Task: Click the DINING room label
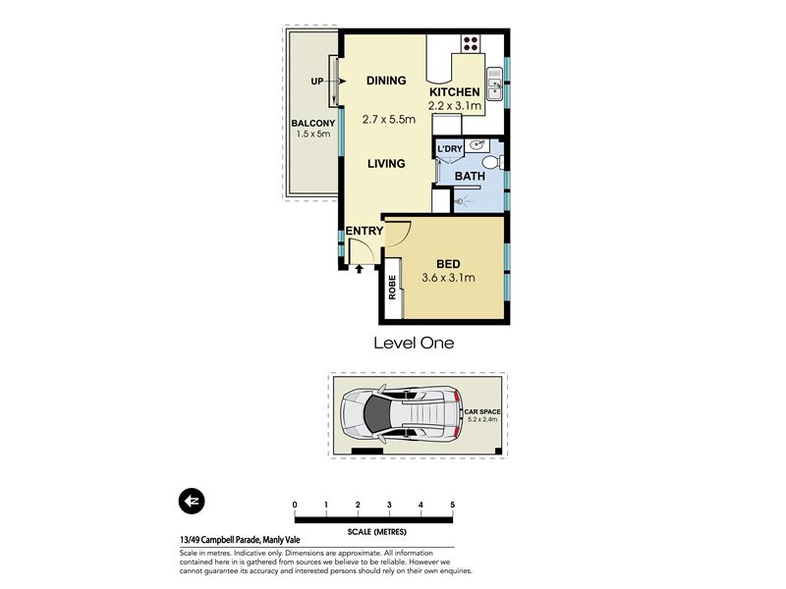pyautogui.click(x=386, y=80)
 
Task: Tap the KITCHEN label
pyautogui.click(x=455, y=92)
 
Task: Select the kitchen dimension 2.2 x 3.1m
pyautogui.click(x=455, y=106)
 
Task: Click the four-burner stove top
pyautogui.click(x=471, y=43)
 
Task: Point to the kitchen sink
pyautogui.click(x=495, y=83)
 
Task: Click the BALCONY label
pyautogui.click(x=313, y=124)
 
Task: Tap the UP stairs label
pyautogui.click(x=317, y=81)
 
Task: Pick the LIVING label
pyautogui.click(x=386, y=164)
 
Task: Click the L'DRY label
pyautogui.click(x=450, y=149)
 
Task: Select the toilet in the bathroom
pyautogui.click(x=492, y=162)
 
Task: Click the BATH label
pyautogui.click(x=470, y=177)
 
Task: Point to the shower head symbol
pyautogui.click(x=460, y=202)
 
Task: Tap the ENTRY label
pyautogui.click(x=365, y=231)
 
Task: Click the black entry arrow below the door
pyautogui.click(x=359, y=269)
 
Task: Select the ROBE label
pyautogui.click(x=392, y=288)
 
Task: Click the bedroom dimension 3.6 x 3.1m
pyautogui.click(x=448, y=278)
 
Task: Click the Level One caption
pyautogui.click(x=414, y=343)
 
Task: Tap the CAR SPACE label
pyautogui.click(x=482, y=411)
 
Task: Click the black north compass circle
pyautogui.click(x=192, y=501)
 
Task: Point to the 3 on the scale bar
pyautogui.click(x=389, y=505)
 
